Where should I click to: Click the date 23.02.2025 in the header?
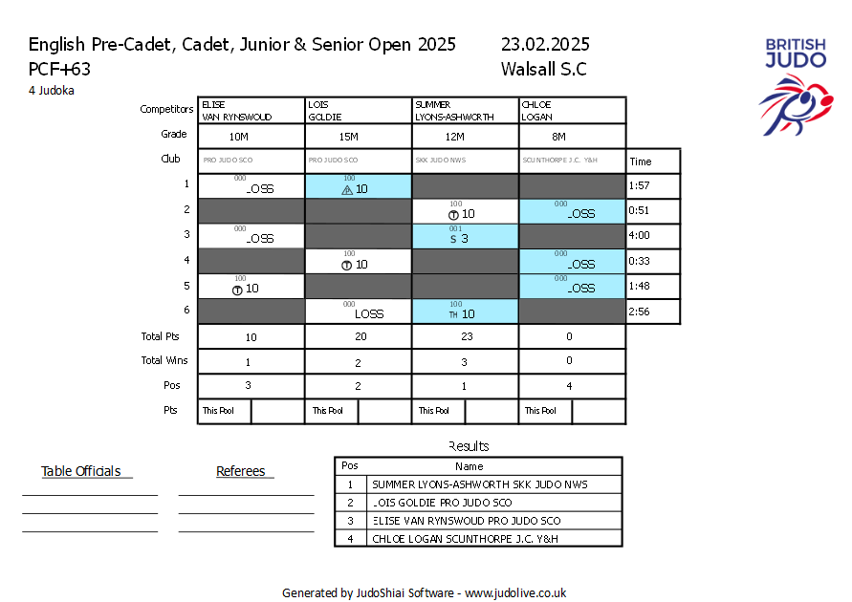pos(545,45)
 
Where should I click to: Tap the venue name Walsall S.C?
pos(543,69)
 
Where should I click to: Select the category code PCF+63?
pos(59,69)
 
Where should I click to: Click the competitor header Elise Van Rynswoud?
pos(236,110)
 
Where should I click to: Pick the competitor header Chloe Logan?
pos(537,110)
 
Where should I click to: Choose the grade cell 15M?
pos(348,137)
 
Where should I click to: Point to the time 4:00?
pos(639,235)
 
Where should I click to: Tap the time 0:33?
pos(639,260)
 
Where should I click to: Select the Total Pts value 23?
pos(466,337)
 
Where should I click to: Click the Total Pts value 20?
pos(359,337)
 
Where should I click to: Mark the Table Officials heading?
pos(81,471)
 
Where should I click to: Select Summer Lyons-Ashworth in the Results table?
pos(480,484)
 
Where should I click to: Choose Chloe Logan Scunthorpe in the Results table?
pos(466,539)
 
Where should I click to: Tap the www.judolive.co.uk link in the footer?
pos(515,592)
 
